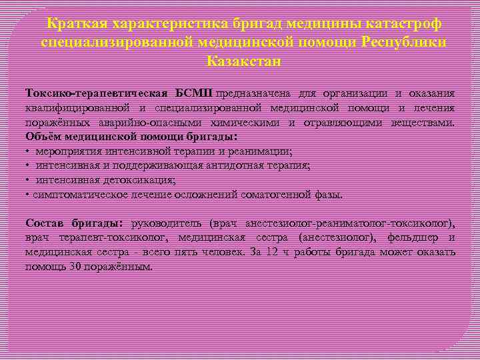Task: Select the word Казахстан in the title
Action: tap(244, 61)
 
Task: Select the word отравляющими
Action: tap(341, 123)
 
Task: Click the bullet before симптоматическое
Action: tap(27, 195)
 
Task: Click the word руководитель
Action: tap(166, 223)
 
